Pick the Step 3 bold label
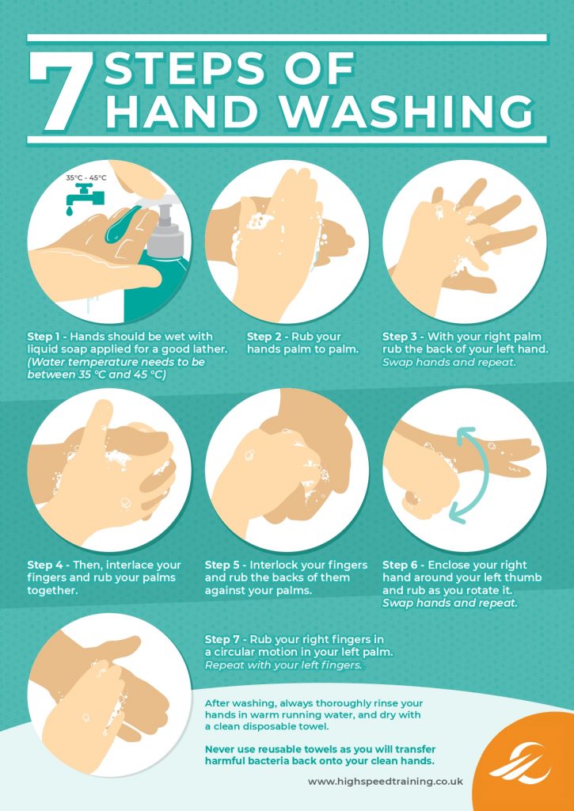click(401, 336)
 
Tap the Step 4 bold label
click(46, 565)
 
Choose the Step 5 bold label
click(224, 565)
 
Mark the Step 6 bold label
click(401, 565)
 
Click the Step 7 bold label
click(224, 638)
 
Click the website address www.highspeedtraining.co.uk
click(385, 781)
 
